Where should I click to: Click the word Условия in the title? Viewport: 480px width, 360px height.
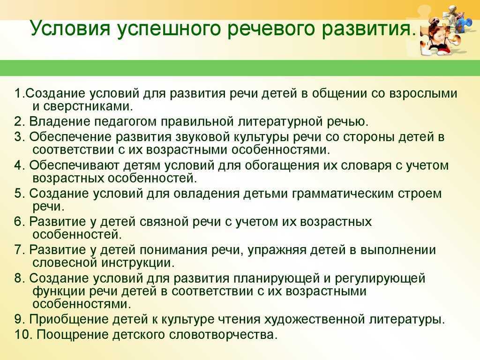pos(70,28)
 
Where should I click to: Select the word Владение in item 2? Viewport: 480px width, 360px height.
pos(60,121)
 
